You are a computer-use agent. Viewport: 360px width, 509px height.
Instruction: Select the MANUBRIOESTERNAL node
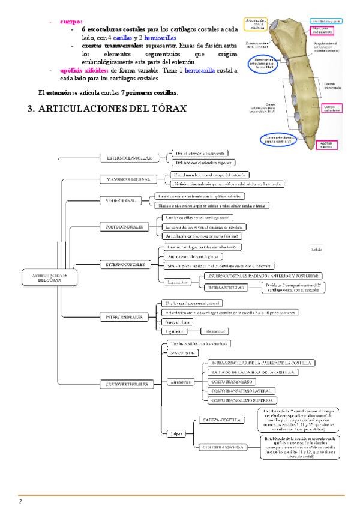[125, 179]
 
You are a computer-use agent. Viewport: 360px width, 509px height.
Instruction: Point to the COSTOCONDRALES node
[125, 227]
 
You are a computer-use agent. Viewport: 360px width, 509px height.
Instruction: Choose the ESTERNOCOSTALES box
[125, 263]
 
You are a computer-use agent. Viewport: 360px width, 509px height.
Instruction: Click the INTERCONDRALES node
[125, 316]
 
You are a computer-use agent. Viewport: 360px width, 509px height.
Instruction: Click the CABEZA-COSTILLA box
[218, 420]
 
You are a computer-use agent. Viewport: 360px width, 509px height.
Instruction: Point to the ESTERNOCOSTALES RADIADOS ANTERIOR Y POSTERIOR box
[261, 275]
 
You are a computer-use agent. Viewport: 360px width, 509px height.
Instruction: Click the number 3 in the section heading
[31, 108]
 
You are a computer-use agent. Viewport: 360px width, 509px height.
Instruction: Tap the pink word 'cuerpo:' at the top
[71, 21]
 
